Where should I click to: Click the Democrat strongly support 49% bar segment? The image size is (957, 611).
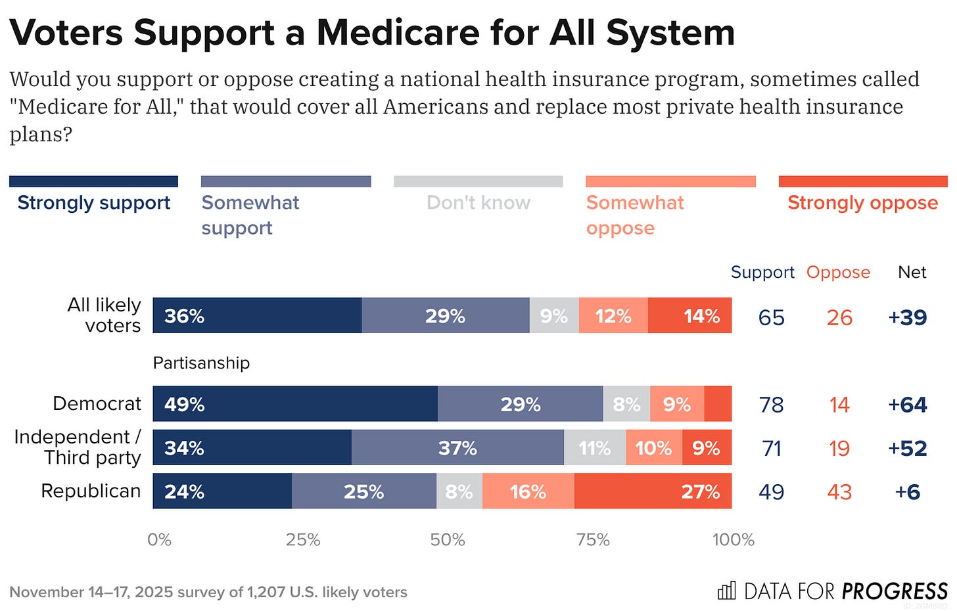295,403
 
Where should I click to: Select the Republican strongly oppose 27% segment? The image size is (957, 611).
653,491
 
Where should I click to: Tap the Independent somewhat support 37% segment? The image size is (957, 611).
457,447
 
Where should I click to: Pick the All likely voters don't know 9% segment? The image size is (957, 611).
554,315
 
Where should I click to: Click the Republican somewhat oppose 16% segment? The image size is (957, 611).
528,491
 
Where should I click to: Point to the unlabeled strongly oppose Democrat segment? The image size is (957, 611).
718,403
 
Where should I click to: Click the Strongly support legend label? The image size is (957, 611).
94,202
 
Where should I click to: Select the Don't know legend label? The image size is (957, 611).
478,202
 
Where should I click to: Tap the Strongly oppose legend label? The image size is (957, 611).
862,202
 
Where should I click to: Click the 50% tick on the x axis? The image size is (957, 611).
448,539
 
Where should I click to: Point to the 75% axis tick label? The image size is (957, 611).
593,539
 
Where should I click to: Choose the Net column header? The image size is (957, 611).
912,272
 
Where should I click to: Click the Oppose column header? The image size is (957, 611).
838,272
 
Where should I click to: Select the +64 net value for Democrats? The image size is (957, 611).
907,405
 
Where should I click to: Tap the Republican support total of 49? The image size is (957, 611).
771,492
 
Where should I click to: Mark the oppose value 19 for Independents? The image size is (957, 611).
839,449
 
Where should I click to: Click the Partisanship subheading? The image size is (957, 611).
201,363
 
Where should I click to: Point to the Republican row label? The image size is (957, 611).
91,491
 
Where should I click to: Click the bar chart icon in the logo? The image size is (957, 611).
726,591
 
